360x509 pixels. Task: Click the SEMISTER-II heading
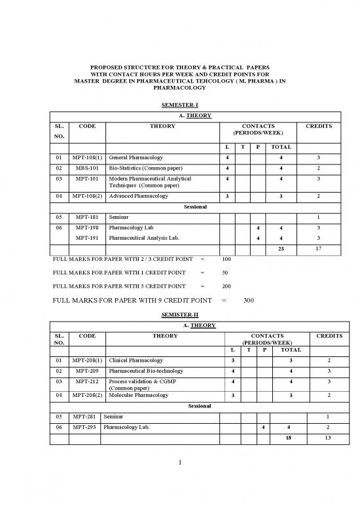pyautogui.click(x=179, y=314)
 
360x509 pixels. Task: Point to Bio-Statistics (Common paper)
pyautogui.click(x=146, y=168)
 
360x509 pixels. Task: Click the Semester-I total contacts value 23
pyautogui.click(x=281, y=250)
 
